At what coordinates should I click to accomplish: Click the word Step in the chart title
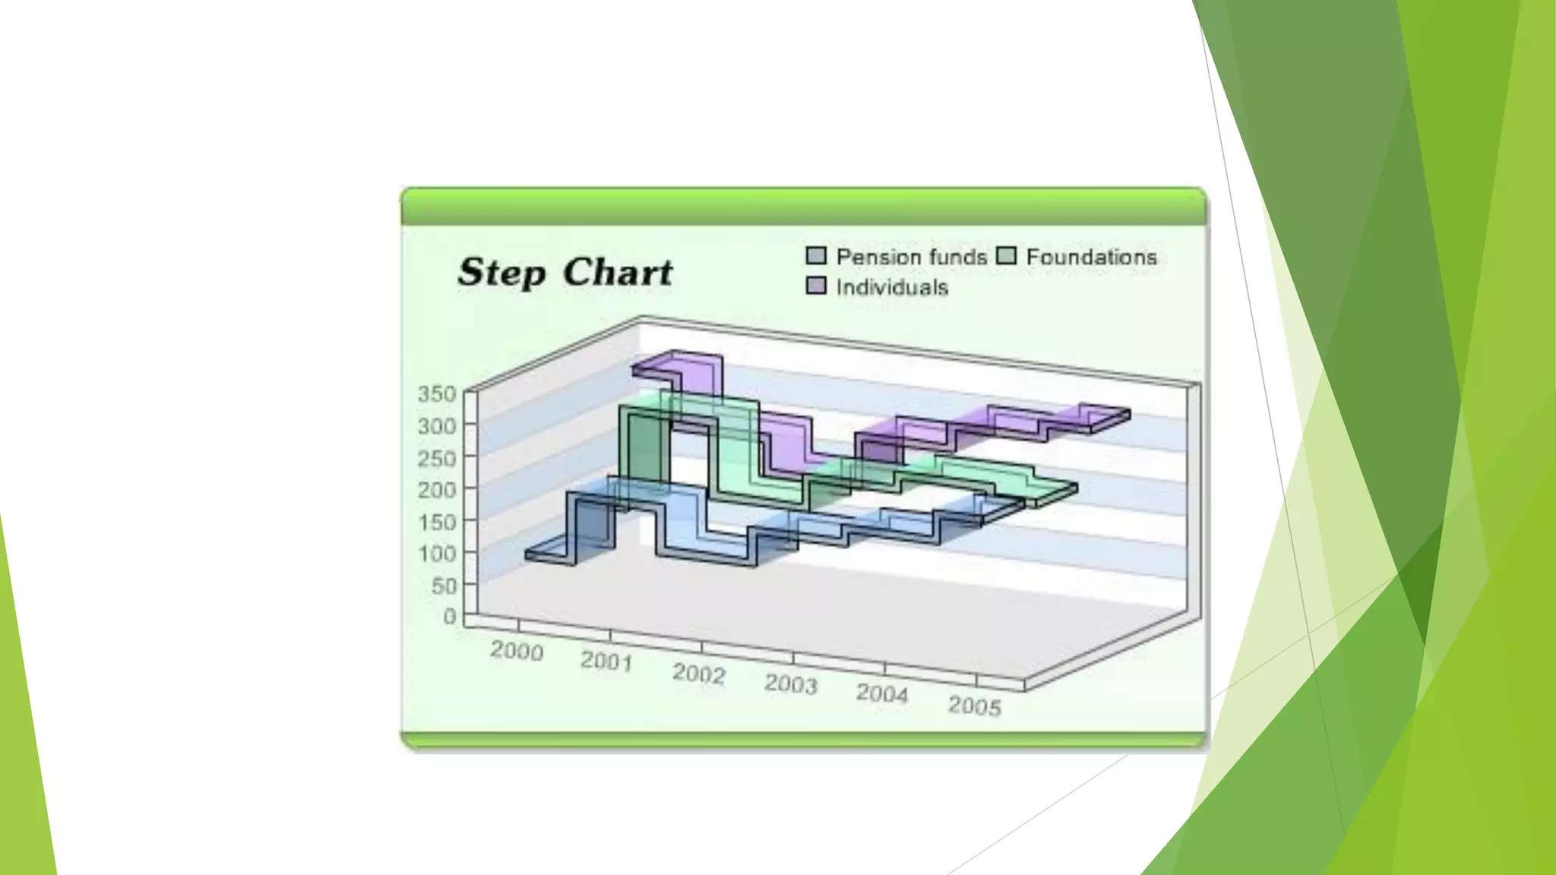click(501, 273)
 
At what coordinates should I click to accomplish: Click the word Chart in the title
click(618, 273)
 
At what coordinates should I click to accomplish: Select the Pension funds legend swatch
click(816, 256)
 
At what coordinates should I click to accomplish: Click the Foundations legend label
click(1091, 257)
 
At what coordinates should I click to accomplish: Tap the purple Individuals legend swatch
click(816, 286)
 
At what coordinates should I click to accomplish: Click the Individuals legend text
click(892, 287)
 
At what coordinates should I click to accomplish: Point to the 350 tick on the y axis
click(437, 393)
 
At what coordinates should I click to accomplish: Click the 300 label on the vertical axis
click(437, 426)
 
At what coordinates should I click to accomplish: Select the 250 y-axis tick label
click(437, 458)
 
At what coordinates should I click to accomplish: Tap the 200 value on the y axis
click(437, 490)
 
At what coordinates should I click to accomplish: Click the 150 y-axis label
click(437, 522)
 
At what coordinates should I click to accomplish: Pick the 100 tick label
click(437, 553)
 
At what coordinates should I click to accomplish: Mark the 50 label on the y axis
click(444, 586)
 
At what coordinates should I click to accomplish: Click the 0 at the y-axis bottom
click(450, 616)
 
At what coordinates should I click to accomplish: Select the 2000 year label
click(517, 651)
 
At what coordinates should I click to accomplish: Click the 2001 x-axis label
click(607, 662)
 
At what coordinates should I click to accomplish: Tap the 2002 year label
click(699, 674)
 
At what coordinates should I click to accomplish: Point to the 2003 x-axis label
click(791, 684)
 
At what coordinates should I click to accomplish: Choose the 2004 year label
click(882, 693)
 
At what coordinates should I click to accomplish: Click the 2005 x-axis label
click(975, 706)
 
